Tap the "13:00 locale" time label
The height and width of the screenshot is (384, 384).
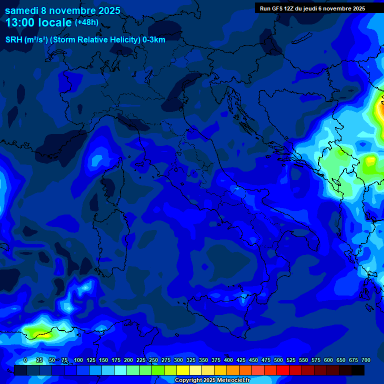tap(38, 22)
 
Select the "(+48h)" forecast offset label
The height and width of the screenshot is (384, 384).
tap(86, 22)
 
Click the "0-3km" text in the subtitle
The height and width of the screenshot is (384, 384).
tap(154, 39)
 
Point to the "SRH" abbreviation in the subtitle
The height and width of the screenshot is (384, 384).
tap(14, 39)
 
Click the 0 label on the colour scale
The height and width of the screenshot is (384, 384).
tap(25, 360)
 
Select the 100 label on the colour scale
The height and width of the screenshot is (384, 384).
tap(78, 360)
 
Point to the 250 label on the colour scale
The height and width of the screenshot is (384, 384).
tap(153, 360)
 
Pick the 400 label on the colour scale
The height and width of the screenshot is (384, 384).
tap(228, 360)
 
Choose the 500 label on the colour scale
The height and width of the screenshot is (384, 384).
tap(278, 360)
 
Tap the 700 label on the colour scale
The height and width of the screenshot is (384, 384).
tap(366, 360)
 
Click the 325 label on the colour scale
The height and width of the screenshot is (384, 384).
tap(191, 360)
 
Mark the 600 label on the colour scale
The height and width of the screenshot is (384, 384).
tap(328, 360)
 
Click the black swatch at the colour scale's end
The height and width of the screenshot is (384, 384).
tap(358, 370)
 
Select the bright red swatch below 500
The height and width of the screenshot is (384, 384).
tap(283, 370)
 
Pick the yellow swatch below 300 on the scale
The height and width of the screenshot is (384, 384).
tap(183, 370)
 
